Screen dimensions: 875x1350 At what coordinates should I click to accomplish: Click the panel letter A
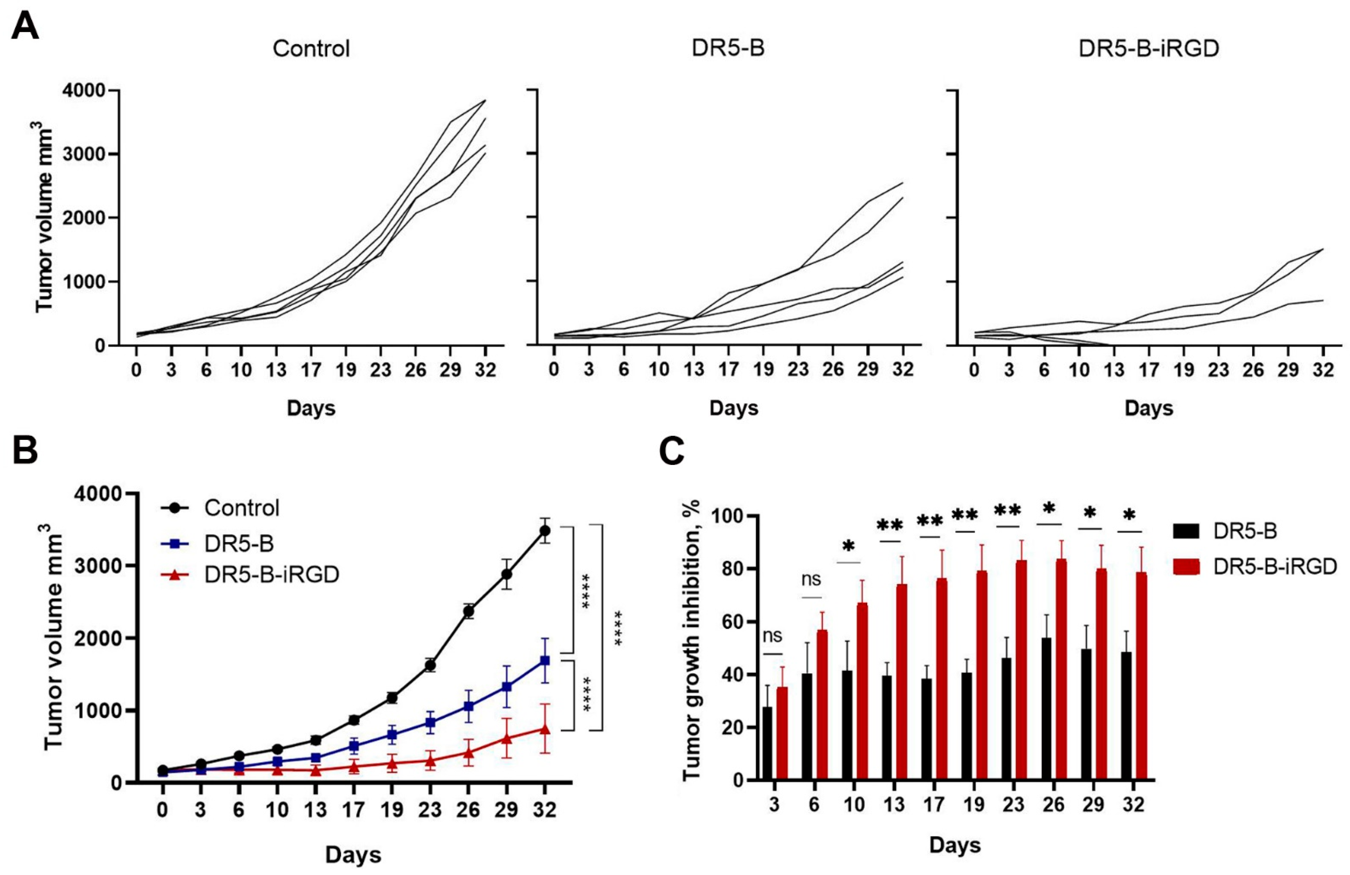25,25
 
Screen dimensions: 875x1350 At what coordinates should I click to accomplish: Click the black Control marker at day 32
545,531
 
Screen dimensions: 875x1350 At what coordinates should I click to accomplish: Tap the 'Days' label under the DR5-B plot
733,408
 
